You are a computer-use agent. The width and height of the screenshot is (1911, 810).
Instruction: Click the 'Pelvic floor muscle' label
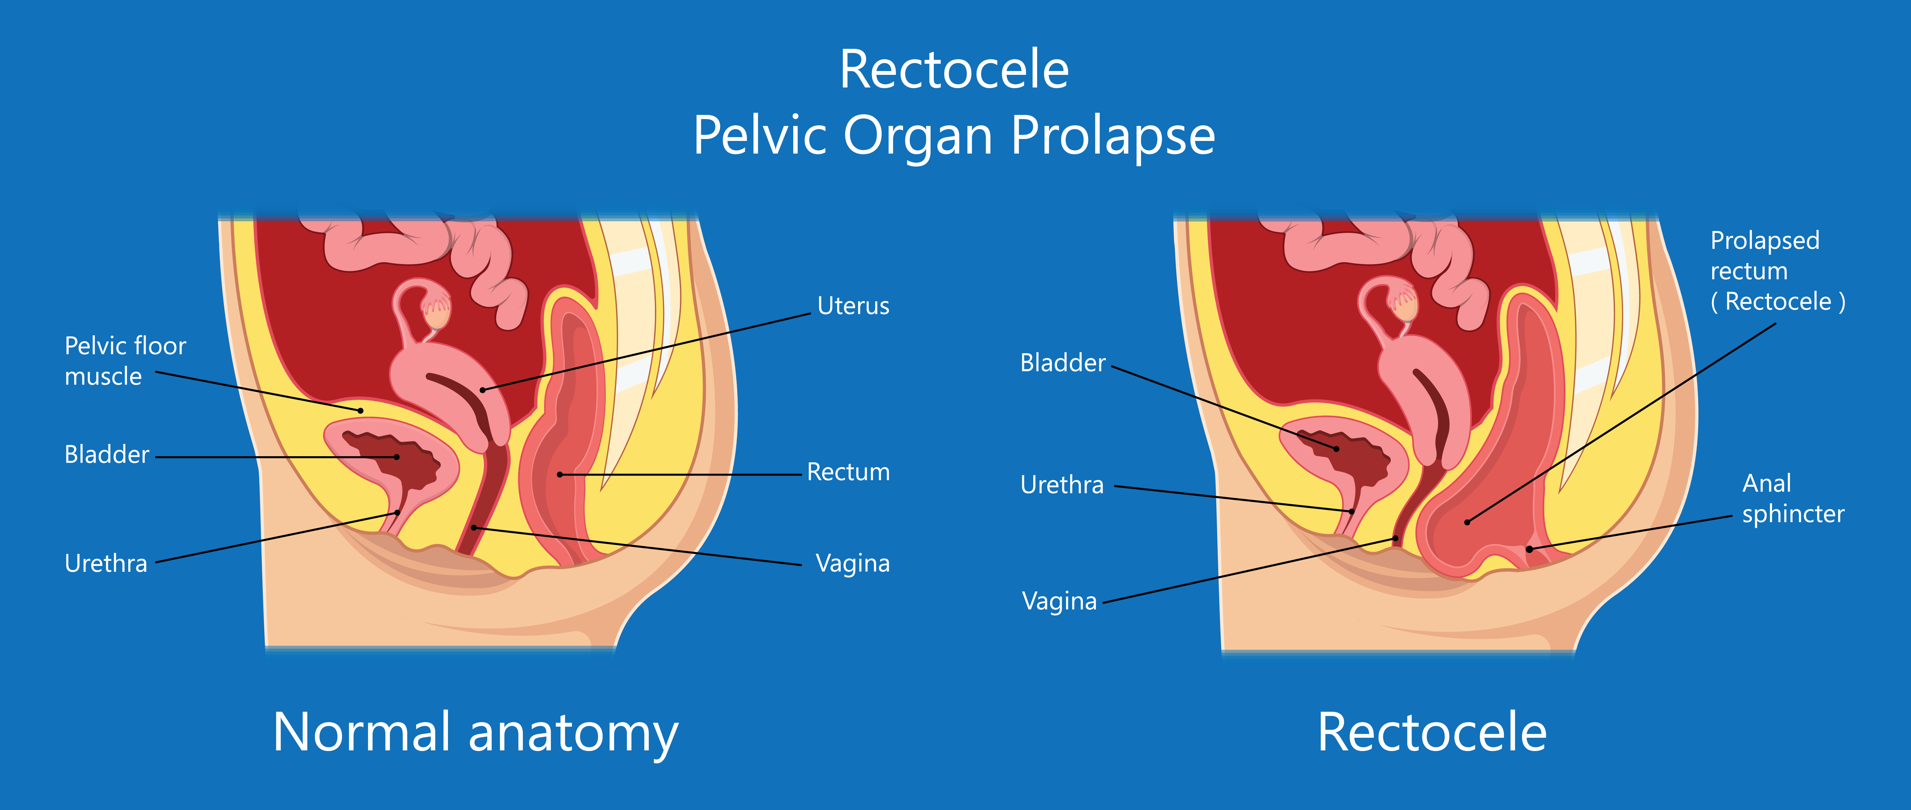click(x=125, y=361)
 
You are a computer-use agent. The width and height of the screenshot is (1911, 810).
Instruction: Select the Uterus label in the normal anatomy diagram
click(x=853, y=306)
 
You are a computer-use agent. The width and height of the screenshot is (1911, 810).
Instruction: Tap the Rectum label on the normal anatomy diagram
click(x=848, y=472)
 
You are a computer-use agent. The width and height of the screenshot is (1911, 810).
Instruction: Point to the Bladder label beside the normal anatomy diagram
click(x=107, y=454)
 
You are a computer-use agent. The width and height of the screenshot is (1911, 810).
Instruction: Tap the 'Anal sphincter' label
click(x=1792, y=498)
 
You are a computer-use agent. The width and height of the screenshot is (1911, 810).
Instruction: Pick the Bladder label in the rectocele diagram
click(x=1062, y=363)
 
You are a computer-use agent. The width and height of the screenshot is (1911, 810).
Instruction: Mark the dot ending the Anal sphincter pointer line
click(x=1529, y=549)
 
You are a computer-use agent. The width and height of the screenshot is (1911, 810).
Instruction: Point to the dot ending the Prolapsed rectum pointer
click(x=1467, y=522)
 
